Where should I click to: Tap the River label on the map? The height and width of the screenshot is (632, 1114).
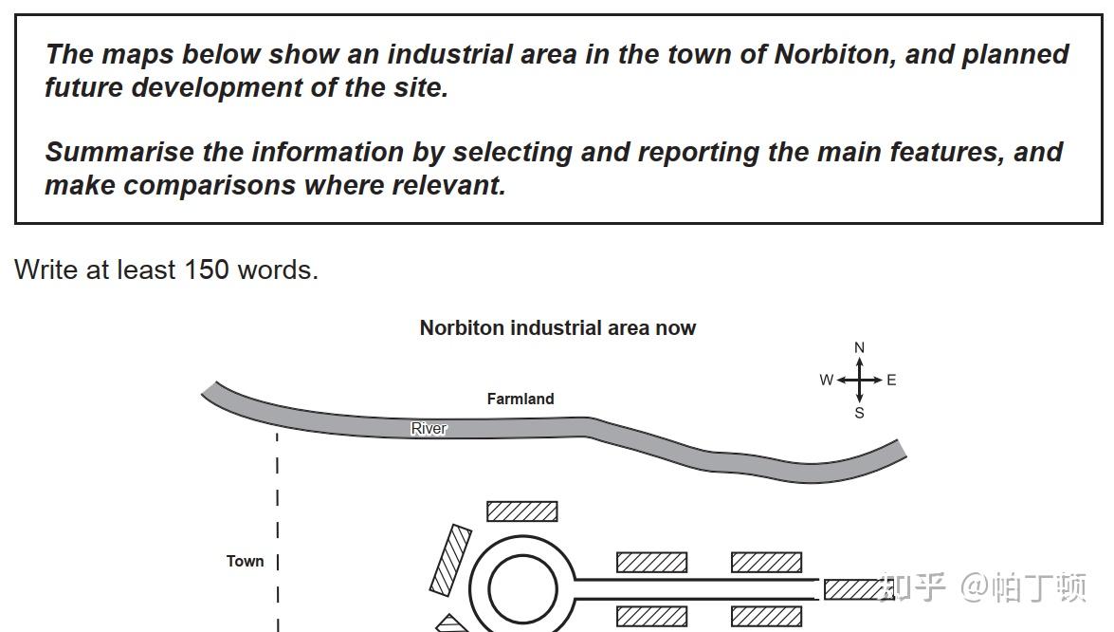tap(429, 429)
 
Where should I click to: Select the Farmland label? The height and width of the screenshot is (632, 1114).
tap(520, 400)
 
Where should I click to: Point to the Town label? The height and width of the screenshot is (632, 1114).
tap(245, 561)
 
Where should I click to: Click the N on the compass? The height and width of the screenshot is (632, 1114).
tap(860, 348)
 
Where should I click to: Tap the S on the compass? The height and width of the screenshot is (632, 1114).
tap(860, 413)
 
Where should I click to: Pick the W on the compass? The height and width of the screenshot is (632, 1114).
tap(827, 381)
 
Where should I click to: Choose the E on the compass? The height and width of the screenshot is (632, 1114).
tap(891, 381)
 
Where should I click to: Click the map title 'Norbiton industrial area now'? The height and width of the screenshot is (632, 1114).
tap(557, 328)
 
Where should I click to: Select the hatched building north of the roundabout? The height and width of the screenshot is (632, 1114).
tap(521, 511)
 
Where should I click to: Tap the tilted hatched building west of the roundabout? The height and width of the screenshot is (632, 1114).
tap(450, 560)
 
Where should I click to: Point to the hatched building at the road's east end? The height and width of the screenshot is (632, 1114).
tap(853, 589)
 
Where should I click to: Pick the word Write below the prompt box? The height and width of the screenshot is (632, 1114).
tap(46, 270)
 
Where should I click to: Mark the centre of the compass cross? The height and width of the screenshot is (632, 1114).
tap(860, 381)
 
